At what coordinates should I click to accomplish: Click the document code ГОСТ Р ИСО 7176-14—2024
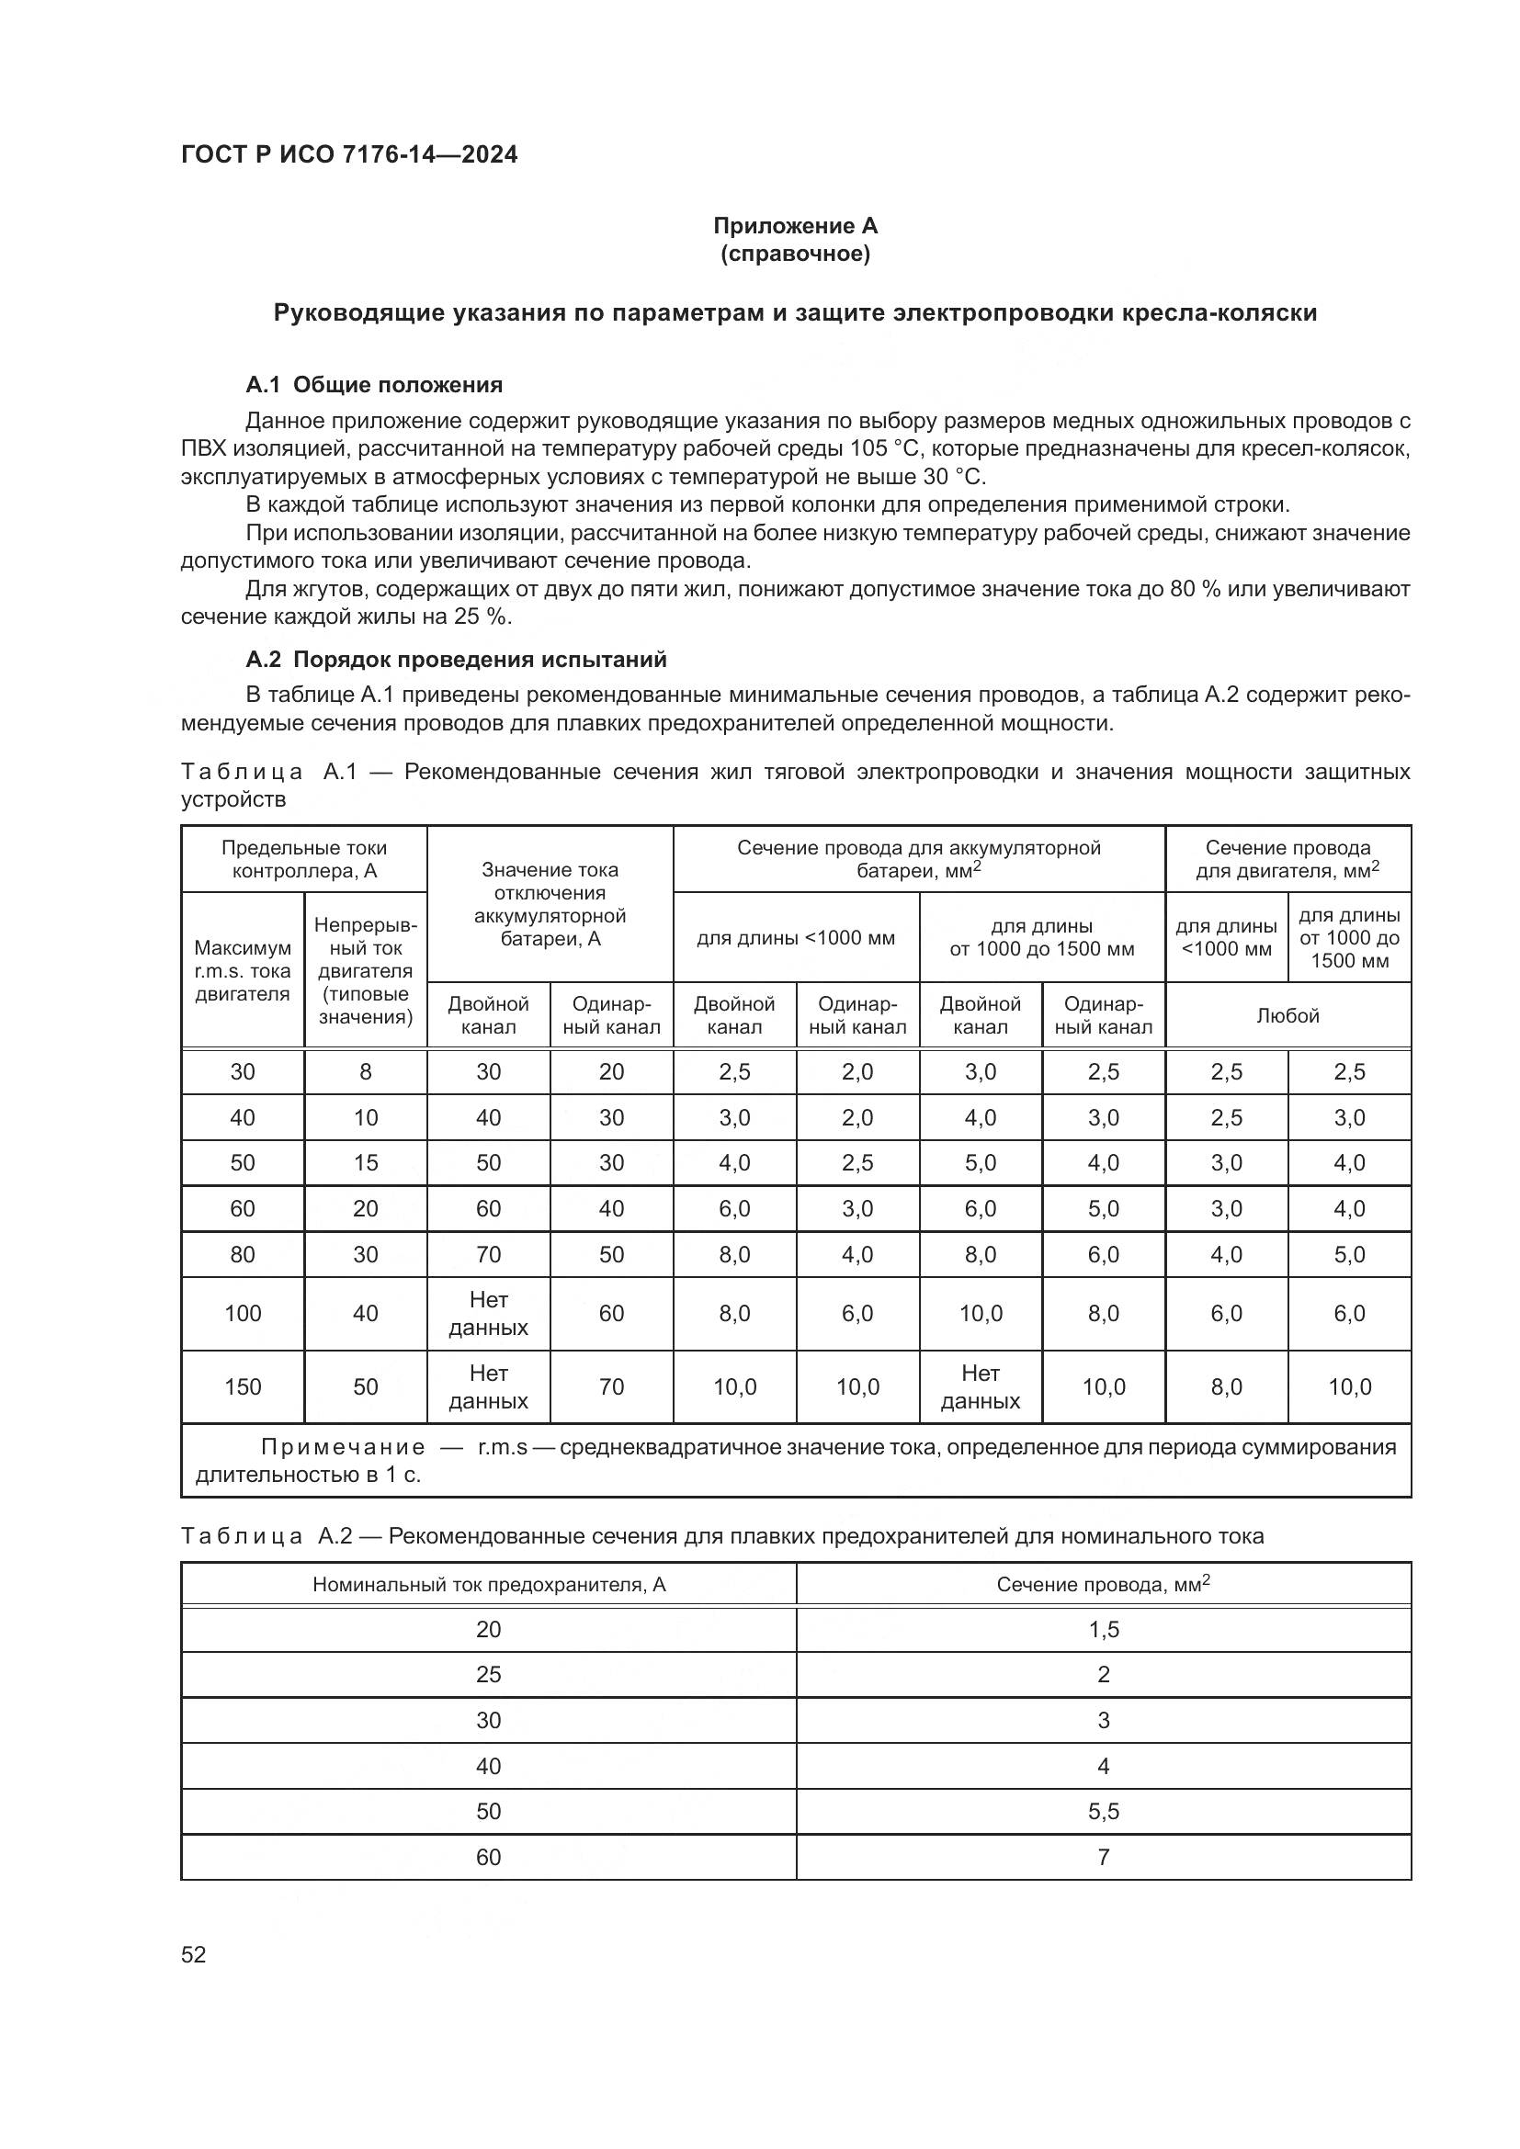(x=348, y=154)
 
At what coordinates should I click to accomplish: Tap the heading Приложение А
(x=795, y=226)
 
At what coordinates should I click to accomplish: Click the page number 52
(x=194, y=1954)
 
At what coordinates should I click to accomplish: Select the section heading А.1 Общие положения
(x=373, y=385)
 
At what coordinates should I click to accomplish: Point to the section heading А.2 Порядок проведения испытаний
(x=456, y=660)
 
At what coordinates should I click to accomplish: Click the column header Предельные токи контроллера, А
(x=304, y=859)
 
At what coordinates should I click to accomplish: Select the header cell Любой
(x=1287, y=1015)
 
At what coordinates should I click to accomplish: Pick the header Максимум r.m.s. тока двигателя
(x=243, y=970)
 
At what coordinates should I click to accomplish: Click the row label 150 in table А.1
(x=243, y=1387)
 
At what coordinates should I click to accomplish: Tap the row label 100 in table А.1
(x=243, y=1313)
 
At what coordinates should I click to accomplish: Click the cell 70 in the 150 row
(x=611, y=1387)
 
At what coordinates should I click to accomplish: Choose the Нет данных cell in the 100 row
(x=489, y=1313)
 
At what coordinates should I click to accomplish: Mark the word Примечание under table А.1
(x=343, y=1448)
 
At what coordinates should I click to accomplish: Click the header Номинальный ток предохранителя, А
(x=489, y=1585)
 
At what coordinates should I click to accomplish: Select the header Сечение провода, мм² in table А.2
(x=1103, y=1585)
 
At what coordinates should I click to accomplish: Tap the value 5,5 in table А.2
(x=1104, y=1811)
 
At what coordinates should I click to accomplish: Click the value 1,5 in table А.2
(x=1104, y=1630)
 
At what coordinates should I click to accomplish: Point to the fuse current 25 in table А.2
(x=489, y=1675)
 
